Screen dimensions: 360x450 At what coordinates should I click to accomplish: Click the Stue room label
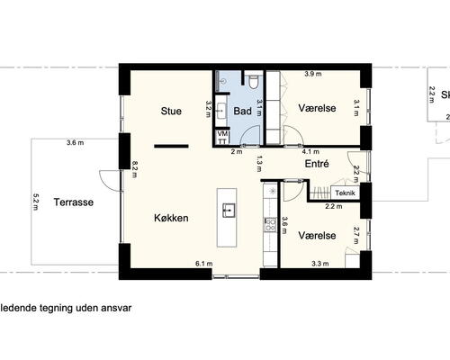171,112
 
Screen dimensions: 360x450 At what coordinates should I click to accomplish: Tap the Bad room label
242,112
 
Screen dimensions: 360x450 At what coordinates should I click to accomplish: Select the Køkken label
170,218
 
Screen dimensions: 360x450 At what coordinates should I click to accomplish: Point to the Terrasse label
72,202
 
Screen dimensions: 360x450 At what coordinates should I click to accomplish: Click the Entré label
317,165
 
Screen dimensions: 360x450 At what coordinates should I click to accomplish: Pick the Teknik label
346,193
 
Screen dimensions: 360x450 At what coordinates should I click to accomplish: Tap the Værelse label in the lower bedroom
317,235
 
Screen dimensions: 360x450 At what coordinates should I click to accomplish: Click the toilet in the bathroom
256,84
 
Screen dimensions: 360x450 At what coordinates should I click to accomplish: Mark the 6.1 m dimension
203,264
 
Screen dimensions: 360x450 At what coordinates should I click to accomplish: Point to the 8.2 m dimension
134,168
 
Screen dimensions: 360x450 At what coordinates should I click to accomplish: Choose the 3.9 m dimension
314,73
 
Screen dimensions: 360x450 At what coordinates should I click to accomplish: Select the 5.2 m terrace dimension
36,206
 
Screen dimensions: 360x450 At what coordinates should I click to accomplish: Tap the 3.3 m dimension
319,264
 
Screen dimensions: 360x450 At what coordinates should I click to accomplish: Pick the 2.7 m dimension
356,235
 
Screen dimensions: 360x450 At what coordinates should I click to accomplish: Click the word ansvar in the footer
117,307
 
